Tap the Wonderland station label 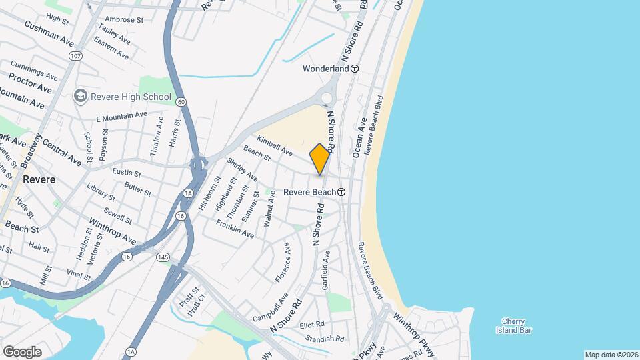(326, 69)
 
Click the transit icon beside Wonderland (355, 69)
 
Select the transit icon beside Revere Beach (341, 192)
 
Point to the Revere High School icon (81, 97)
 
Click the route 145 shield (162, 257)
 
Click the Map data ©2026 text (611, 355)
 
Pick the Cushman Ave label (48, 33)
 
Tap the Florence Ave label (283, 262)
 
